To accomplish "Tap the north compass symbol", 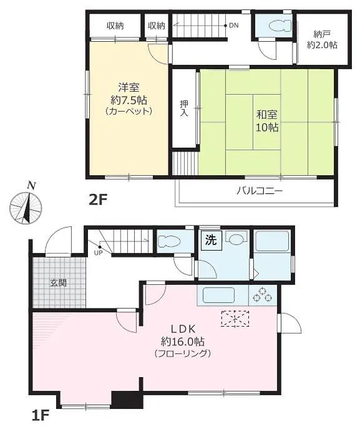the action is [x=26, y=205].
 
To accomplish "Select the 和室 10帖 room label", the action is [x=267, y=121].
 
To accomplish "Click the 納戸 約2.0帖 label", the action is [x=322, y=40].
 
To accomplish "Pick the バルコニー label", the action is [x=260, y=191].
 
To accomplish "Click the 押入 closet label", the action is [x=184, y=108].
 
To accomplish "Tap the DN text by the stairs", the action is [x=233, y=26].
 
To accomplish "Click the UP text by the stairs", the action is [x=98, y=252].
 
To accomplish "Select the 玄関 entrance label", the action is [x=58, y=283].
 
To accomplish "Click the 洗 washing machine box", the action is [x=212, y=240].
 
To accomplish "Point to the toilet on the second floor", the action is [x=280, y=26].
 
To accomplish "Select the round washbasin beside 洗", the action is [x=236, y=239].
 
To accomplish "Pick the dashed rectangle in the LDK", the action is [x=235, y=318].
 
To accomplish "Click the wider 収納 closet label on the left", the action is [x=115, y=26].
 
